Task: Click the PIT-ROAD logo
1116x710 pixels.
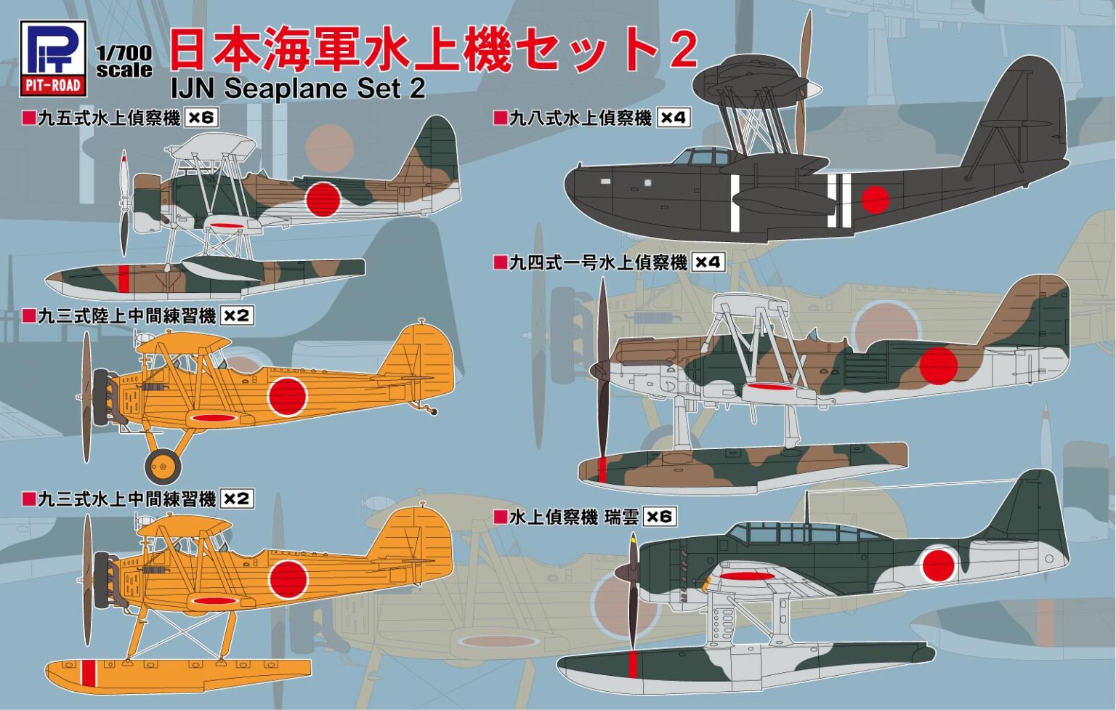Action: pyautogui.click(x=53, y=58)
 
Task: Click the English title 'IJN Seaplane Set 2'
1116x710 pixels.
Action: pyautogui.click(x=297, y=88)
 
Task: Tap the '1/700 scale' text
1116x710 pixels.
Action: pyautogui.click(x=124, y=62)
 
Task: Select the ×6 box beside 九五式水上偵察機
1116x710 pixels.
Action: pyautogui.click(x=201, y=117)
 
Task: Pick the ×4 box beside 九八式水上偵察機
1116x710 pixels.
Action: pyautogui.click(x=674, y=118)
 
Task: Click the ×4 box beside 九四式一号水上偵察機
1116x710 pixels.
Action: pyautogui.click(x=708, y=262)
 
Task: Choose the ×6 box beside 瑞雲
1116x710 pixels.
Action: pyautogui.click(x=660, y=517)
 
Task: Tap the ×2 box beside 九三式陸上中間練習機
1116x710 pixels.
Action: pyautogui.click(x=237, y=316)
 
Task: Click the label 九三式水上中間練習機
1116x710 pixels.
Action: pyautogui.click(x=126, y=499)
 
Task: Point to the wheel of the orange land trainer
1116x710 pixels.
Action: pyautogui.click(x=163, y=465)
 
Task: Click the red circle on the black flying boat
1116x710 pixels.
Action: pyautogui.click(x=876, y=198)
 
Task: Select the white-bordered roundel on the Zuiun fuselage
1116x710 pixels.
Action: pyautogui.click(x=938, y=565)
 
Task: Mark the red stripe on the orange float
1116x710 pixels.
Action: pyautogui.click(x=89, y=673)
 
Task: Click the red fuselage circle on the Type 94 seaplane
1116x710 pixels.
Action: pyautogui.click(x=937, y=365)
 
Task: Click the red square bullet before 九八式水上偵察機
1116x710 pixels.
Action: pyautogui.click(x=499, y=118)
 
